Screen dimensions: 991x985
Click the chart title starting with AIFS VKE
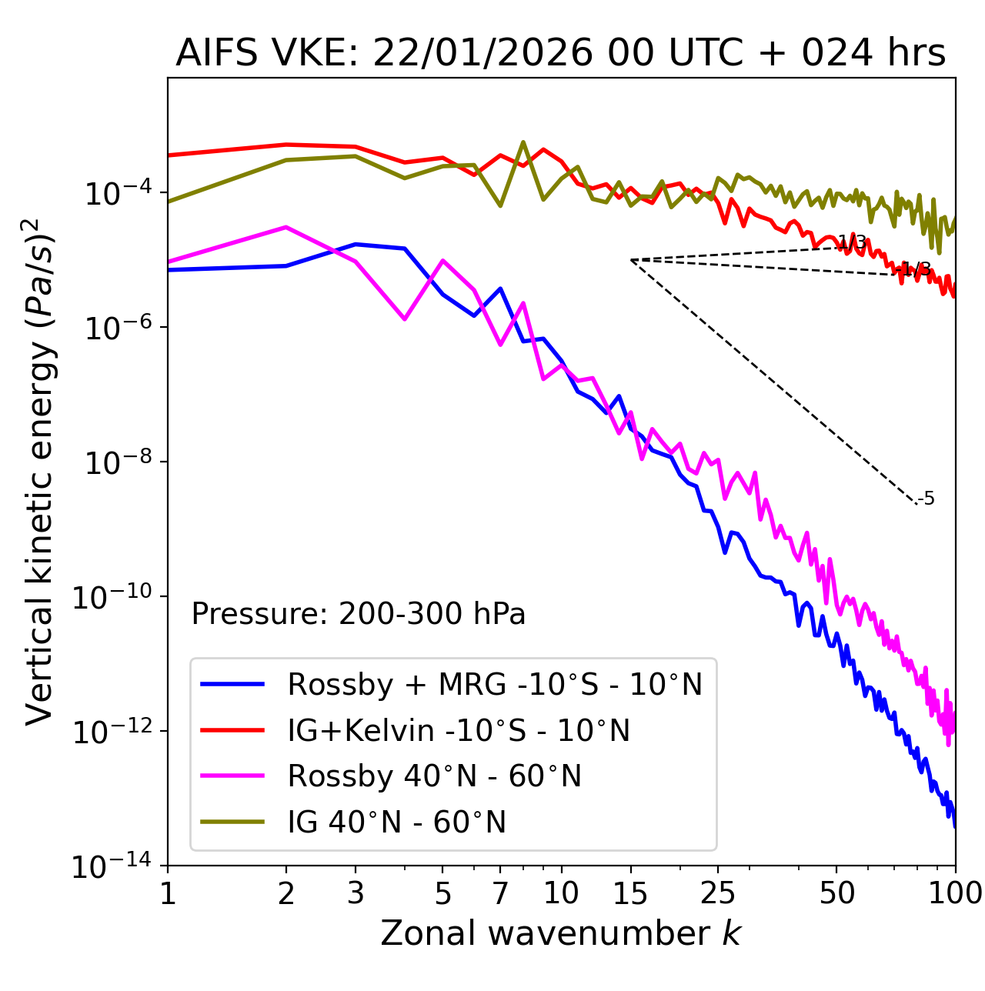click(560, 54)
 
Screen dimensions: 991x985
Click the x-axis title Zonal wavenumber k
click(560, 933)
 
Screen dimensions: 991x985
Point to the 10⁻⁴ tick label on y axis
click(116, 193)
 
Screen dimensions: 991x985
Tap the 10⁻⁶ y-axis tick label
click(116, 328)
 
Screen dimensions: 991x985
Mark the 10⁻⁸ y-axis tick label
click(116, 462)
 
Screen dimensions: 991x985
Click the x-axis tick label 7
click(500, 893)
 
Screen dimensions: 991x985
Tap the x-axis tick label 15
click(630, 893)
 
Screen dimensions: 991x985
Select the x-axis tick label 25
click(718, 893)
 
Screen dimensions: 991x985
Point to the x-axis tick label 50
click(836, 893)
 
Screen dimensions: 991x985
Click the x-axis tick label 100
click(955, 893)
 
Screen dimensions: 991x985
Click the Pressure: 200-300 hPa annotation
click(358, 614)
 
